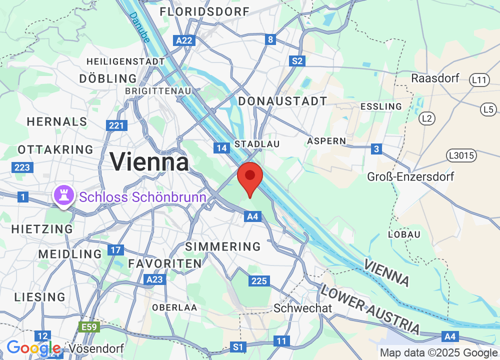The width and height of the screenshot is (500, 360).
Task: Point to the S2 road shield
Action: (x=297, y=61)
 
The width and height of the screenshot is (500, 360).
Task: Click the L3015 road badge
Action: (x=460, y=156)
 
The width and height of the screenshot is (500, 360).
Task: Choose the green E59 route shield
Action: (x=90, y=327)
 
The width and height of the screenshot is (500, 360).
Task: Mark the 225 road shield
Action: (x=259, y=281)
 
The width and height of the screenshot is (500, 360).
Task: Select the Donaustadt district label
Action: (x=282, y=101)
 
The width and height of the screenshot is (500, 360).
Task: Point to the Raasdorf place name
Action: (x=435, y=78)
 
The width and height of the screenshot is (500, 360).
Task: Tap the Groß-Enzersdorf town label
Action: (x=410, y=176)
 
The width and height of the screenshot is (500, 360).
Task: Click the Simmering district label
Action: (x=223, y=246)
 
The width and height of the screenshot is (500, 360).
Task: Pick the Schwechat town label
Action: (x=302, y=308)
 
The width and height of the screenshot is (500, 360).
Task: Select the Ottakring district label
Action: (x=55, y=149)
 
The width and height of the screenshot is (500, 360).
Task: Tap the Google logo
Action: (x=33, y=348)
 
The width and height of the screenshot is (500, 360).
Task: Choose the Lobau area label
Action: (x=404, y=234)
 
